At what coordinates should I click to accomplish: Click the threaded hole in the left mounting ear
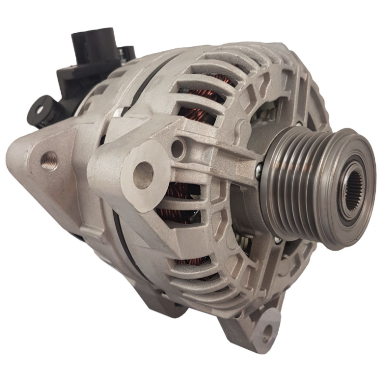coord(50,161)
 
